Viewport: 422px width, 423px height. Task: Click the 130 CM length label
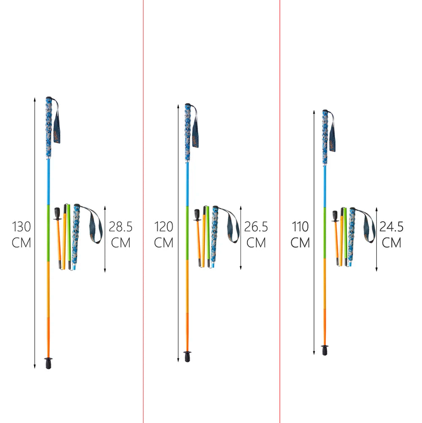tap(21, 235)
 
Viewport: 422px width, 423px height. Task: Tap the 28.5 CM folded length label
tap(120, 235)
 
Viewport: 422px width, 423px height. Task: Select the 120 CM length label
tap(164, 235)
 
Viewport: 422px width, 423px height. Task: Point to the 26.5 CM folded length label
tap(256, 235)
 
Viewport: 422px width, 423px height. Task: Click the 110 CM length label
tap(300, 235)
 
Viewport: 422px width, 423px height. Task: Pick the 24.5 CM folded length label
tap(392, 235)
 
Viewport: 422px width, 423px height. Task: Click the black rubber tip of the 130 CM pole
tap(49, 363)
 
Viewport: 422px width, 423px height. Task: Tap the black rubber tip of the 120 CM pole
tap(187, 356)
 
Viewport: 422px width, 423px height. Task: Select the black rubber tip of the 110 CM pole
tap(325, 350)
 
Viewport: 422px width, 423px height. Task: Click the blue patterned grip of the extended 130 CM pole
tap(49, 127)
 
